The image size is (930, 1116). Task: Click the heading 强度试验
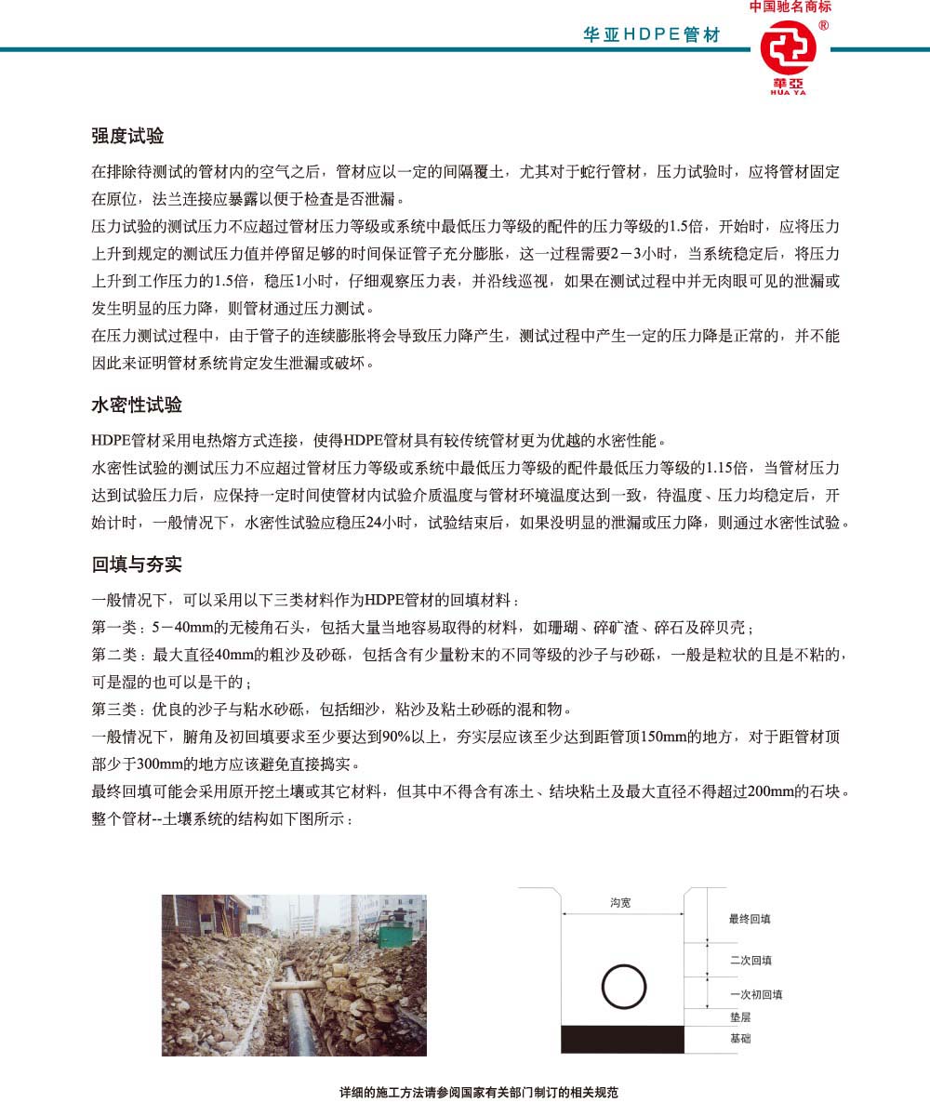127,136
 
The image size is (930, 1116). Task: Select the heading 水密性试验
137,405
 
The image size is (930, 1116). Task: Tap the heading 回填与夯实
137,565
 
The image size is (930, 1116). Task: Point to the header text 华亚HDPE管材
651,34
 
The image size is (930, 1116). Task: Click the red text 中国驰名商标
790,7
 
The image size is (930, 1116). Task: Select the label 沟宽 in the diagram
620,903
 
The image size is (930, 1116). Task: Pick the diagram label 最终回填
750,919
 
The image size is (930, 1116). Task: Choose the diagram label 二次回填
751,960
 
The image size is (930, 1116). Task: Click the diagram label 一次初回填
756,994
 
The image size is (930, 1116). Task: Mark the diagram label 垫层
740,1018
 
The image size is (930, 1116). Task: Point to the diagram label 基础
740,1038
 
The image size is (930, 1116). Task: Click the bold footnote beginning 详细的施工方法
479,1093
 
